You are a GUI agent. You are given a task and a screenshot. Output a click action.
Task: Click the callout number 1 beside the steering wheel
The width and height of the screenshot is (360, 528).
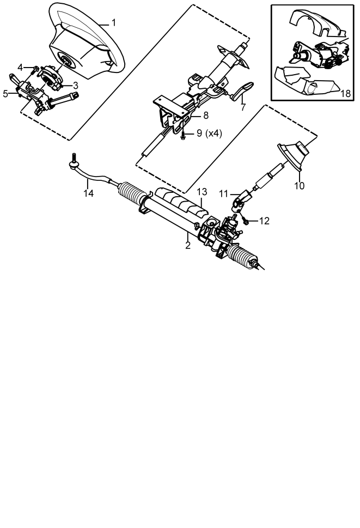[x=114, y=23]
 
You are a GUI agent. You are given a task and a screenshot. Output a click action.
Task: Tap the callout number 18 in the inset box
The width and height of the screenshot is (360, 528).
[x=345, y=93]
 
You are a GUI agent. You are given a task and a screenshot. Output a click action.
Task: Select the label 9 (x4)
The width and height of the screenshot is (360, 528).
[x=209, y=133]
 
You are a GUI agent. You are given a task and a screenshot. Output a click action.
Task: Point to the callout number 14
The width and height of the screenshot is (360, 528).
[x=88, y=193]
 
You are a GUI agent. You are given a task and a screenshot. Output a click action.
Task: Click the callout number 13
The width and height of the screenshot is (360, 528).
[x=202, y=192]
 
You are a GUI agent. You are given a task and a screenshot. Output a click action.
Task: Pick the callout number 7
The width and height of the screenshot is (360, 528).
[x=243, y=107]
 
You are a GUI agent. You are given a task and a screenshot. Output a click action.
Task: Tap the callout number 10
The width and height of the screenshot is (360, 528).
[x=299, y=186]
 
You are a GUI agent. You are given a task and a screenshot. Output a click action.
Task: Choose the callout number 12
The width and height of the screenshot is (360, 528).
[x=265, y=221]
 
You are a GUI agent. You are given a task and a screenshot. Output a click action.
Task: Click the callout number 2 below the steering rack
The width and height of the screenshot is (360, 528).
[x=188, y=246]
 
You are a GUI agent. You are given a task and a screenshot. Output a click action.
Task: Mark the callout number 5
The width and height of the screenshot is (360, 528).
[x=5, y=94]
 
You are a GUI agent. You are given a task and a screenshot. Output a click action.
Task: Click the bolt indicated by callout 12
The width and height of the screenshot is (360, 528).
[x=245, y=221]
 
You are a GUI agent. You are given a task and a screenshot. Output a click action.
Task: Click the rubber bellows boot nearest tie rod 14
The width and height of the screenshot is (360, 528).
[x=132, y=193]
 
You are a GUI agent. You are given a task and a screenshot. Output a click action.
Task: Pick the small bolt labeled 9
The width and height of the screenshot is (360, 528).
[x=183, y=136]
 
